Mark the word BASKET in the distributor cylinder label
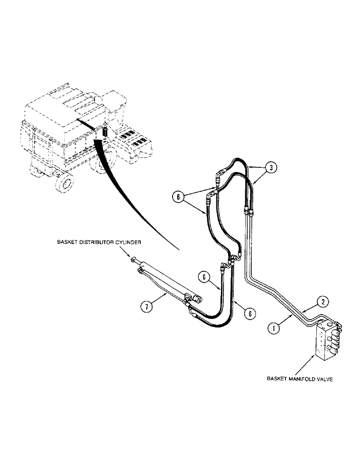[68, 243]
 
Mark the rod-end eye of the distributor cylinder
[135, 260]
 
